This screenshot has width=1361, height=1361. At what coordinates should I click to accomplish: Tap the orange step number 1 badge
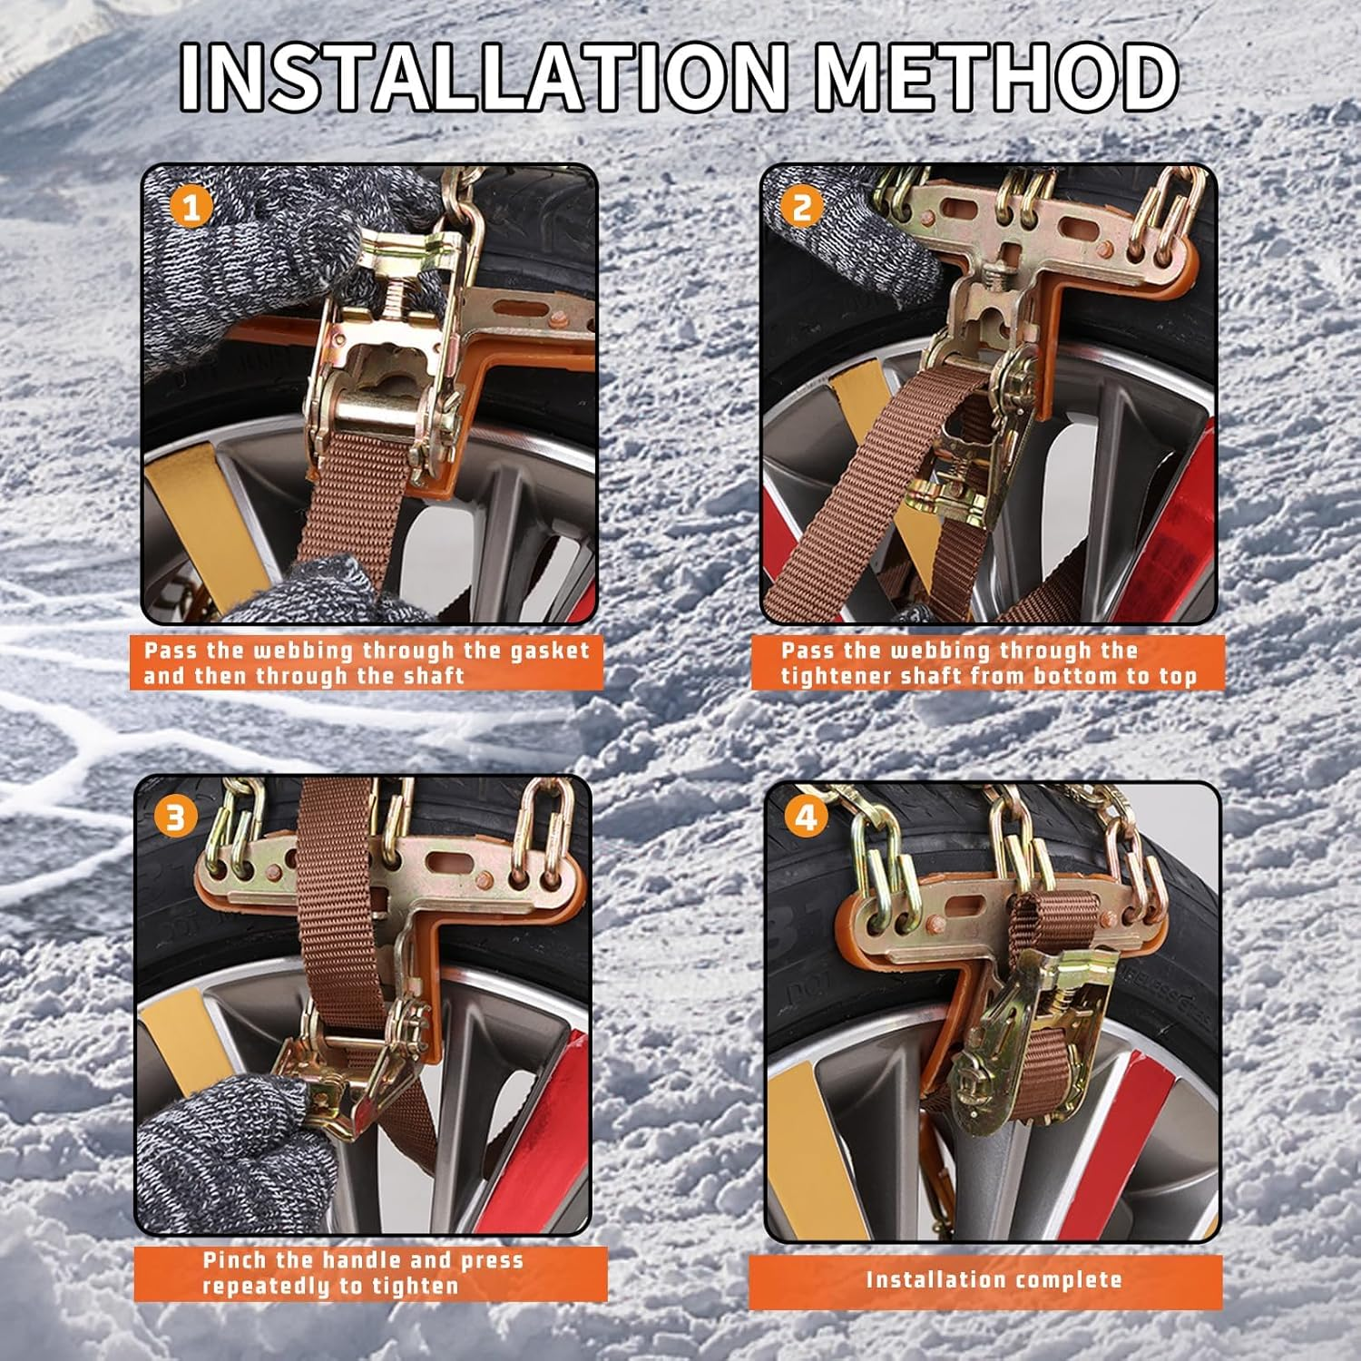[x=191, y=208]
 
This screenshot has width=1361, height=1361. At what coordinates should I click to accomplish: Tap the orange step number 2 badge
[x=802, y=208]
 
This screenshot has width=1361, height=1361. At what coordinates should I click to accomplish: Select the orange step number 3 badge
[x=175, y=818]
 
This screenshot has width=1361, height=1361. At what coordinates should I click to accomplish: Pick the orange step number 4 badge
[x=805, y=818]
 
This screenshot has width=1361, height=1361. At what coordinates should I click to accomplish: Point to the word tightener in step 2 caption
[x=835, y=676]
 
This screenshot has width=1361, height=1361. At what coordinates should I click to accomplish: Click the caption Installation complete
[x=994, y=1280]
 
